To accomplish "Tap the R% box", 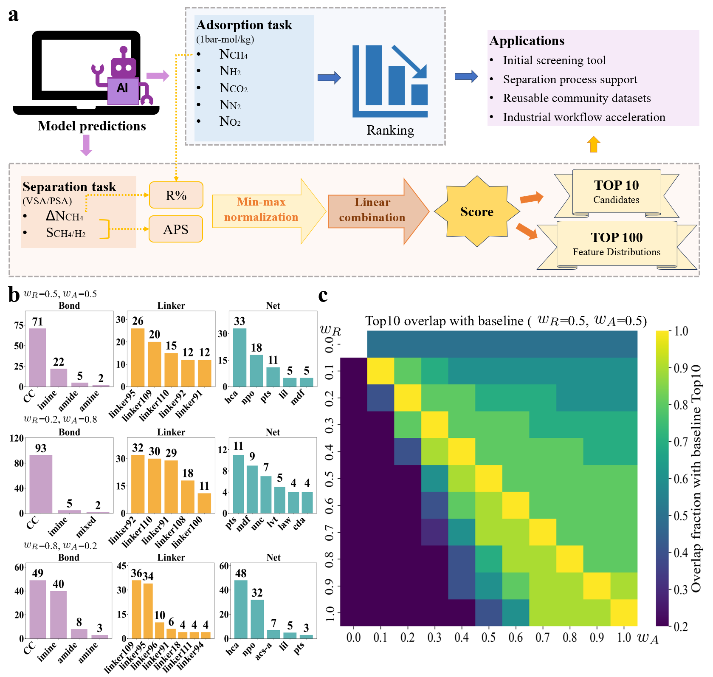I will tap(176, 195).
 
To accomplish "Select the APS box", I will tap(175, 229).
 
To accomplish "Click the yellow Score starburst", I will tap(477, 212).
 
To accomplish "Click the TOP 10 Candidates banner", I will tap(616, 192).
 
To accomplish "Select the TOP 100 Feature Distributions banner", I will tap(617, 244).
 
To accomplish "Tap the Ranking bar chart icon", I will tap(390, 81).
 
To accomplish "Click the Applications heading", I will tap(527, 41).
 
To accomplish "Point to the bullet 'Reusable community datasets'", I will tap(577, 98).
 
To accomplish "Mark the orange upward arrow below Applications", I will tap(593, 144).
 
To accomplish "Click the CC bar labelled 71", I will tap(37, 357).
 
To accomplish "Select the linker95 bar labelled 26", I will tap(138, 357).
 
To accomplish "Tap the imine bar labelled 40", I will tap(58, 614).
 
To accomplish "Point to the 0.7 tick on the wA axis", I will tap(542, 638).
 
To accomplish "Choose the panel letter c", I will tap(323, 295).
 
